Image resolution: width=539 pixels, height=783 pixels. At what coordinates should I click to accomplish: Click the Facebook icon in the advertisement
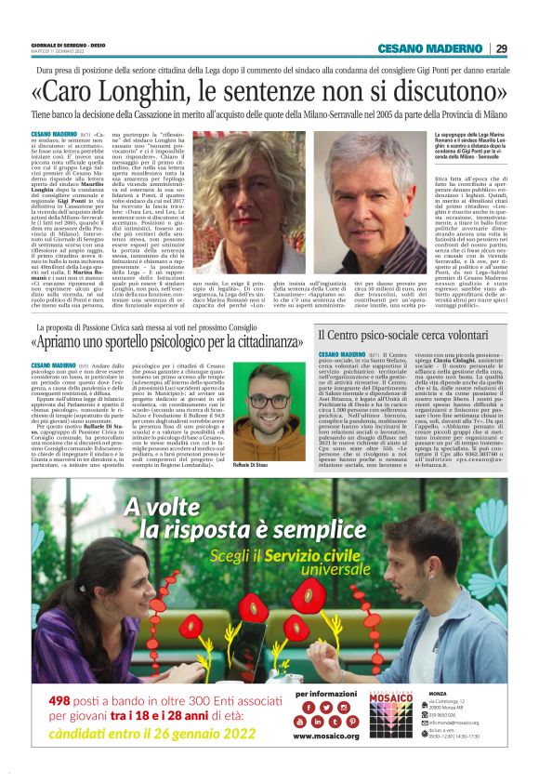[x=300, y=734]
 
